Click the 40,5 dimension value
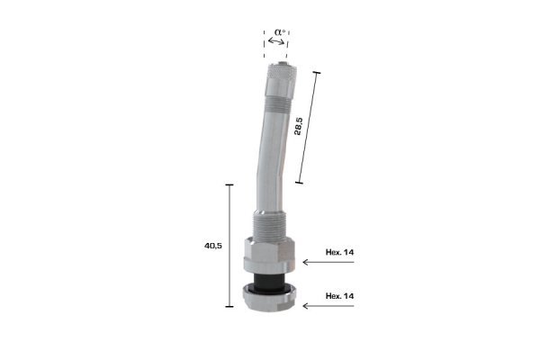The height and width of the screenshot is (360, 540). coord(213,246)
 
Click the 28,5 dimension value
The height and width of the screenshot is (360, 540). coord(299,126)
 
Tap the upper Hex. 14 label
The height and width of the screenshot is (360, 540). coord(339,252)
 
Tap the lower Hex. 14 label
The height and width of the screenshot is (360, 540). coord(339,296)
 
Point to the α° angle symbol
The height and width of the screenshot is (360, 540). coord(280,32)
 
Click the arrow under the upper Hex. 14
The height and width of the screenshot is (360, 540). coord(328,262)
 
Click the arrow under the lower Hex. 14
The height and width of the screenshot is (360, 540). coord(328,306)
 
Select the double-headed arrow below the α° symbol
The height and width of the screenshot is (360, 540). coord(276,41)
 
